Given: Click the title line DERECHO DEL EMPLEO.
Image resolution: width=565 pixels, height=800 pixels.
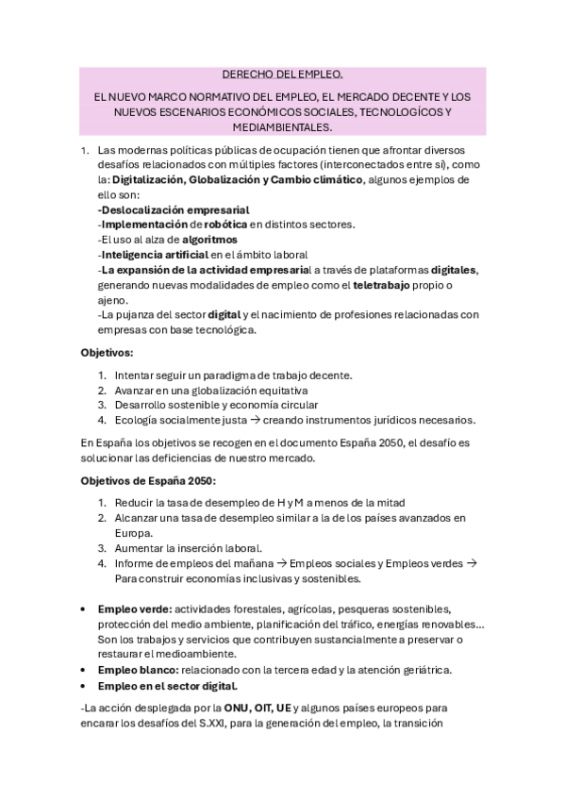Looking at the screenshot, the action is click(282, 73).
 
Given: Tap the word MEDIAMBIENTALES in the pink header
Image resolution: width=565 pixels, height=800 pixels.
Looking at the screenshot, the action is click(283, 125).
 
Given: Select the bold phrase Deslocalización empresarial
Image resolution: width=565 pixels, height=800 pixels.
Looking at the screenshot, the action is click(174, 209).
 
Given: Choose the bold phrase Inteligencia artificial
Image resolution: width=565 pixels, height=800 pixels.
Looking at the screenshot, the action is click(153, 255).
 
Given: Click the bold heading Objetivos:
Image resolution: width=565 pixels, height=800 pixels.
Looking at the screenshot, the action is click(107, 352).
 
